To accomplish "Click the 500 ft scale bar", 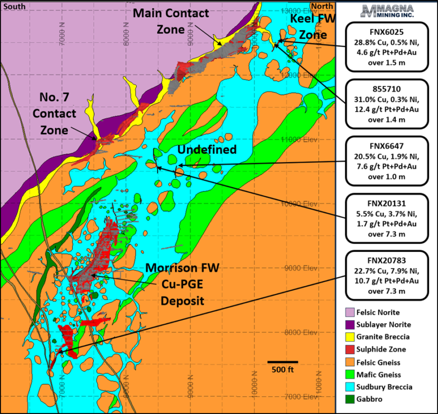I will tap(283, 362).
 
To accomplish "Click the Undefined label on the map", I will tap(207, 150).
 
